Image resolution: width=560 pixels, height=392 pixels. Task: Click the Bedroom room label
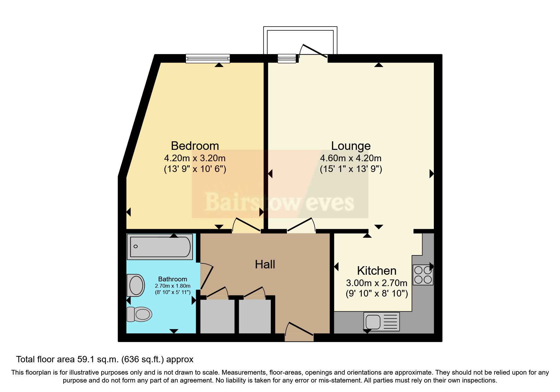(195, 146)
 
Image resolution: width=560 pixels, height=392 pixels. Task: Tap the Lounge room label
(351, 146)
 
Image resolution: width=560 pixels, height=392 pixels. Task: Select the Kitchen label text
(376, 271)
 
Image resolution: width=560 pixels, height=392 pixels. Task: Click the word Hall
(265, 264)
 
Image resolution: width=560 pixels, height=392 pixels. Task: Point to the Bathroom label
(172, 279)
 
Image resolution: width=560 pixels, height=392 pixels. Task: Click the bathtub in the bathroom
(160, 247)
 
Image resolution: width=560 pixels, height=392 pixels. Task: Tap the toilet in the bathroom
(139, 314)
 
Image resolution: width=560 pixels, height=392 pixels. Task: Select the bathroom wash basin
(136, 285)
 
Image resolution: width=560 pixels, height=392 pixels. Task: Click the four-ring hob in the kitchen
(423, 275)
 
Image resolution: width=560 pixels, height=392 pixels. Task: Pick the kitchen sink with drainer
(381, 322)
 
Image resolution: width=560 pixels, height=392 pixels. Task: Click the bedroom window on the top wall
(207, 58)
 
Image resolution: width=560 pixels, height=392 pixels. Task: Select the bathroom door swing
(206, 277)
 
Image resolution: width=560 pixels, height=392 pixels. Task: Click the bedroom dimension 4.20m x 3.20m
(195, 158)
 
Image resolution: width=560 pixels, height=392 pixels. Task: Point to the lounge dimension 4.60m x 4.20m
(351, 158)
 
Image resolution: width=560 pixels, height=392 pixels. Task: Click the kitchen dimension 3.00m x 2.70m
(376, 283)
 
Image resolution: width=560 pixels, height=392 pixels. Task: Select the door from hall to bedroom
(247, 225)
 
